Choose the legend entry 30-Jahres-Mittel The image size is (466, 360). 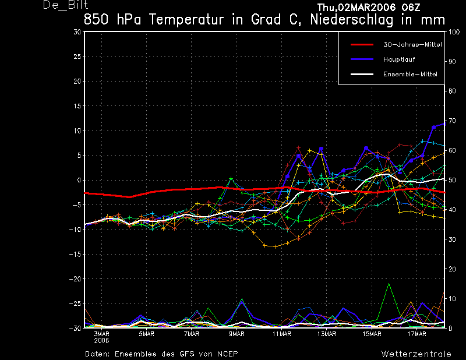pos(408,44)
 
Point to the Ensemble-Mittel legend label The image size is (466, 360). pos(409,74)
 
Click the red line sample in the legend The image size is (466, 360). pos(361,44)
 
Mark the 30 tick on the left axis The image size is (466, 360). pos(77,32)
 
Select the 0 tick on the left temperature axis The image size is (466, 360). pos(79,181)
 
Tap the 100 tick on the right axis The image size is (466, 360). pos(452,32)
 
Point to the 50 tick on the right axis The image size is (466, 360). pos(451,181)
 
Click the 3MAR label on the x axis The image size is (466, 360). pos(101,334)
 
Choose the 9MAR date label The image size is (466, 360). pos(236,334)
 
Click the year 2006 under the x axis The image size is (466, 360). pos(101,340)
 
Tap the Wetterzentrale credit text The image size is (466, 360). pos(416,354)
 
